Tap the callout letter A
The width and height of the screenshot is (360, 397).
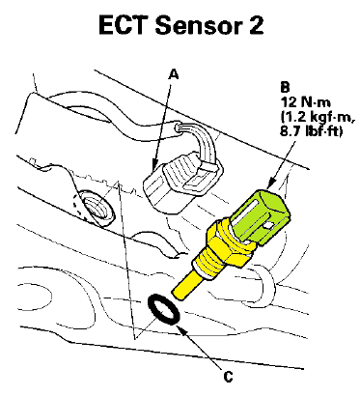174,74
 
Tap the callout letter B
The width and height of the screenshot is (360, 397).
285,87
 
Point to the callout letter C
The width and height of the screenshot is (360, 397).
228,377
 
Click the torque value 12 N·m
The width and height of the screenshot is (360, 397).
306,102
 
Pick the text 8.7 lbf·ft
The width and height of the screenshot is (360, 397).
311,131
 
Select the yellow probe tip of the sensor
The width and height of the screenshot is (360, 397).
185,285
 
